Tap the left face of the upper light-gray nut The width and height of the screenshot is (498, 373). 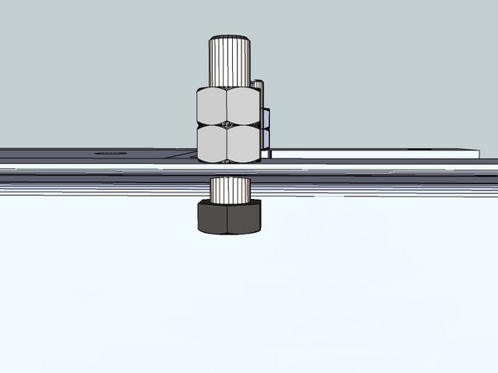click(211, 104)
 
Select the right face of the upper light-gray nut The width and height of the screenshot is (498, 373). click(243, 104)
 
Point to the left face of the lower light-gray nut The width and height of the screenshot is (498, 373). click(211, 142)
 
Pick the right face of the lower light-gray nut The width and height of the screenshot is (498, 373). click(243, 142)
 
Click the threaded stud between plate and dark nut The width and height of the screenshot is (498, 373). click(229, 188)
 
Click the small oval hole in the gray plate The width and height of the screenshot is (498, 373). click(108, 154)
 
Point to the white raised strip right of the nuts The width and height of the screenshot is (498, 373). click(370, 155)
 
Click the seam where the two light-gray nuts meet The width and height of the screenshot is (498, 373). click(228, 124)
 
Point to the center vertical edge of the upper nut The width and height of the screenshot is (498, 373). click(227, 104)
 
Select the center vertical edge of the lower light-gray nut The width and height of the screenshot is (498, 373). click(227, 142)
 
